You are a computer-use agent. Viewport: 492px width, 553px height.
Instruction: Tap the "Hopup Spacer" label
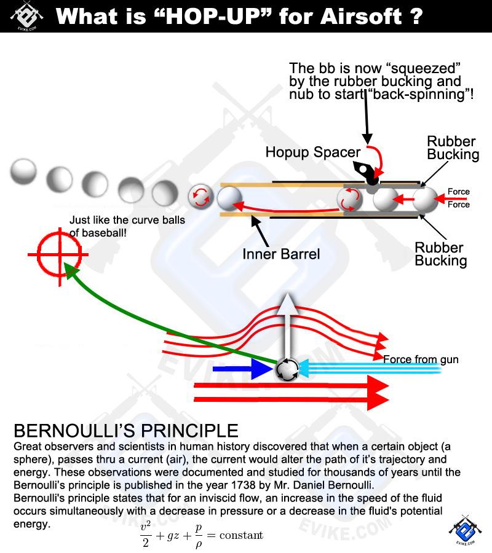pyautogui.click(x=313, y=152)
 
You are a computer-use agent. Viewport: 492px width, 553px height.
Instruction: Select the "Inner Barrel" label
pyautogui.click(x=281, y=253)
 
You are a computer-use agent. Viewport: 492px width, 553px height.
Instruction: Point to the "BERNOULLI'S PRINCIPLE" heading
pyautogui.click(x=125, y=429)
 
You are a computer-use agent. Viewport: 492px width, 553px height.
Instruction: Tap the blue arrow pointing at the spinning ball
pyautogui.click(x=242, y=370)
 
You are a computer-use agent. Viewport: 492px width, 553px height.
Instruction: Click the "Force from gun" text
pyautogui.click(x=421, y=359)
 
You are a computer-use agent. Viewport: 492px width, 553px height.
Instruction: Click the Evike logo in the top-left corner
pyautogui.click(x=26, y=15)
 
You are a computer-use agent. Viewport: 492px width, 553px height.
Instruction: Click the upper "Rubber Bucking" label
pyautogui.click(x=453, y=148)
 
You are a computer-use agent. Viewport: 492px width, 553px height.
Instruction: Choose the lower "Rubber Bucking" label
pyautogui.click(x=440, y=254)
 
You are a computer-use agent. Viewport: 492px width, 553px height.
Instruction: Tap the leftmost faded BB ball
pyautogui.click(x=23, y=171)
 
